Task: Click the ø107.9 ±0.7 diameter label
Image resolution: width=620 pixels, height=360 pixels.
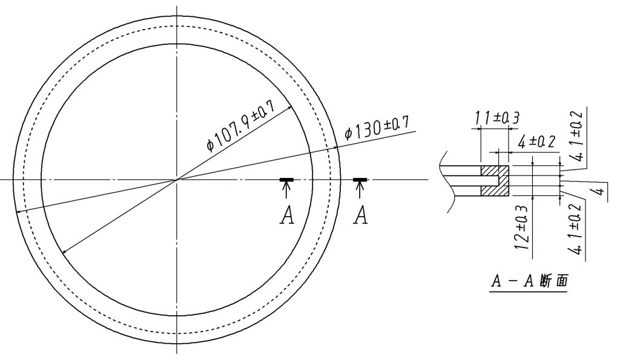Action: click(x=242, y=126)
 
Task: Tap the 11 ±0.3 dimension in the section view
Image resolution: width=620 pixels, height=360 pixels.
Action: click(x=496, y=117)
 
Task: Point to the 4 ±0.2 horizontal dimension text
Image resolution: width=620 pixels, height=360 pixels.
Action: click(x=537, y=142)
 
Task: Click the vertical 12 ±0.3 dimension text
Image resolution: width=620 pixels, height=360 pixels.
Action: click(x=522, y=227)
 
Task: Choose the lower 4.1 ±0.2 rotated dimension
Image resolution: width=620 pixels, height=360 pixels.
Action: click(x=576, y=229)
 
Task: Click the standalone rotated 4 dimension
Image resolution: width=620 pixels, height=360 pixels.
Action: click(x=600, y=191)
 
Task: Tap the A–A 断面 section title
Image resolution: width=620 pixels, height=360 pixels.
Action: click(x=529, y=281)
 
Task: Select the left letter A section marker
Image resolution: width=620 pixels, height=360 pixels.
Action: click(x=287, y=216)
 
